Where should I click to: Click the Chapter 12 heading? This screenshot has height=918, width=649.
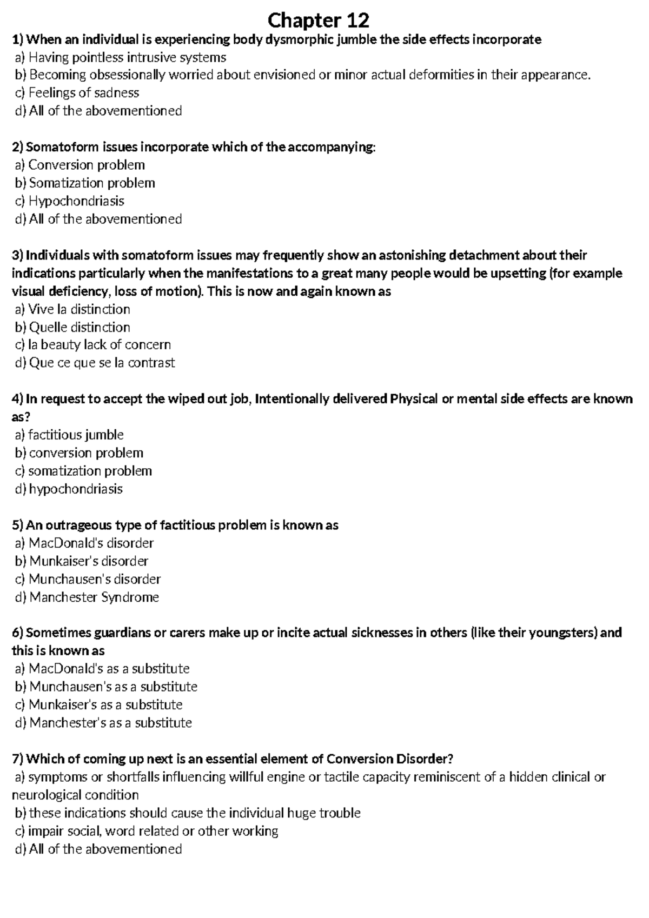319,21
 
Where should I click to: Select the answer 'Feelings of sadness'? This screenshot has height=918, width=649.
84,93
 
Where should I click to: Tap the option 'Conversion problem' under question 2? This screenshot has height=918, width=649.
87,165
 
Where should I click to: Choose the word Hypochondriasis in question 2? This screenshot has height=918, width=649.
76,201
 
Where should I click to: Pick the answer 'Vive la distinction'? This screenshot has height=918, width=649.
79,309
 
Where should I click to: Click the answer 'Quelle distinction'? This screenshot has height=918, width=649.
80,327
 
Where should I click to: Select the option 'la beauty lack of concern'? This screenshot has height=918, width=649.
99,345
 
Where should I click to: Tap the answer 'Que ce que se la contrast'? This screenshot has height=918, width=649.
102,363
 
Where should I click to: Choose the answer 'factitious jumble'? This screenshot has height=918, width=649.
76,435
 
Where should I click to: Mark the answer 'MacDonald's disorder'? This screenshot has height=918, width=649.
91,543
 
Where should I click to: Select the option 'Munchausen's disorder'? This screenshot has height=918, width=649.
95,579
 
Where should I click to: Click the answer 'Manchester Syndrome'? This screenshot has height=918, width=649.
94,597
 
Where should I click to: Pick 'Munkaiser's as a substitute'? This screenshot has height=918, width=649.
105,705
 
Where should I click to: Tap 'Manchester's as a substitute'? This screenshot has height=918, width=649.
110,723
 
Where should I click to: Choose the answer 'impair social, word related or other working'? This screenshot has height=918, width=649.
154,831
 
